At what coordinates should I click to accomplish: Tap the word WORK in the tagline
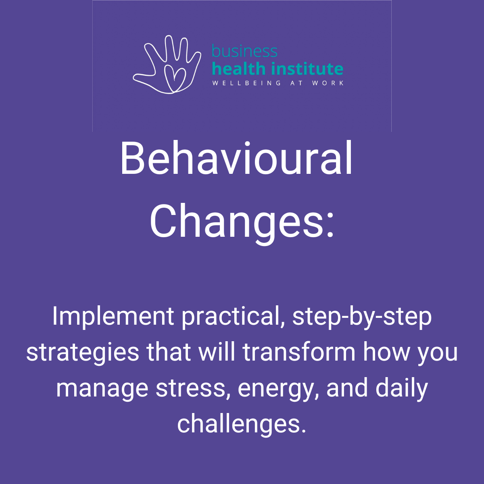tap(328, 83)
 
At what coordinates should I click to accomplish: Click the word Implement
tap(113, 317)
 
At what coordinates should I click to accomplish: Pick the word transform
tap(299, 352)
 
